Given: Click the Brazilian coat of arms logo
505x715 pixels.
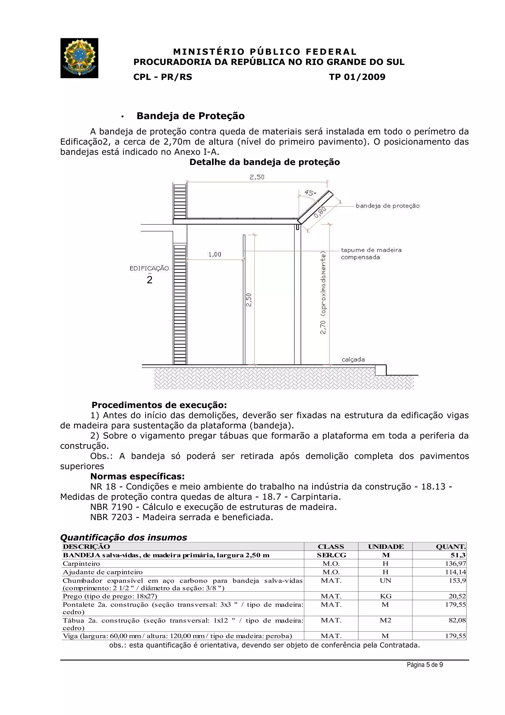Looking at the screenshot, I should click(79, 58).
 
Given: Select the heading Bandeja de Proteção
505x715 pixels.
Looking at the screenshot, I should click(190, 116).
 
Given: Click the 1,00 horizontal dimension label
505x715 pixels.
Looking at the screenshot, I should click(215, 254).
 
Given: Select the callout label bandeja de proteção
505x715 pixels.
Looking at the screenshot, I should click(387, 206).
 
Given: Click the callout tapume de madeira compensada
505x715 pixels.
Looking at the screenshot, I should click(371, 253).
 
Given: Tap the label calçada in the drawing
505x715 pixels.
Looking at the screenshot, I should click(353, 359).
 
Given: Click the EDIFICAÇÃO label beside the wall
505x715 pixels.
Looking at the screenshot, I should click(149, 268).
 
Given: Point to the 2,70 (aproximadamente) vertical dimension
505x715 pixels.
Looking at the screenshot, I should click(323, 293).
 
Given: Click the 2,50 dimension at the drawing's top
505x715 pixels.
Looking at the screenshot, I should click(257, 177).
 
